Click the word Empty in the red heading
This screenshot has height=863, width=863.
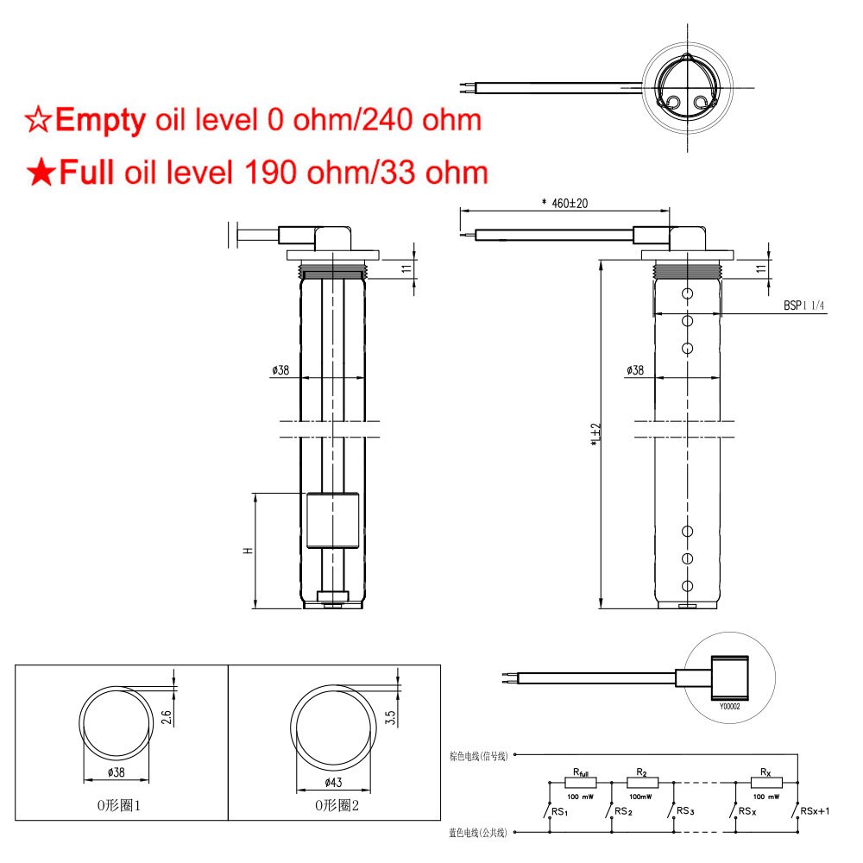(100, 120)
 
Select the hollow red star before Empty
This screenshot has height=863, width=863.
(38, 120)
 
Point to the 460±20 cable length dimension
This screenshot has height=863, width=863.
(564, 203)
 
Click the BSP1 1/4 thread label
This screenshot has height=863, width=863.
(803, 306)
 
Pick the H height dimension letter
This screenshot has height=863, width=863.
(248, 551)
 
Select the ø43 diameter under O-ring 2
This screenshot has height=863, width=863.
(332, 782)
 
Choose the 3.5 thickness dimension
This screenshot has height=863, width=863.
(390, 716)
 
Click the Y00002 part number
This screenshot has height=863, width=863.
(729, 705)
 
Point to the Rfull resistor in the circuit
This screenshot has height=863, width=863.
(581, 782)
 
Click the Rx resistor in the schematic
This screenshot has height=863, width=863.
(765, 782)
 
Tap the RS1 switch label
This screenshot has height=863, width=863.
(559, 812)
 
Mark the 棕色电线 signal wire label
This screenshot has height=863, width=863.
(479, 755)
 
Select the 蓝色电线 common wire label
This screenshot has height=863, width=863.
(479, 833)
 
